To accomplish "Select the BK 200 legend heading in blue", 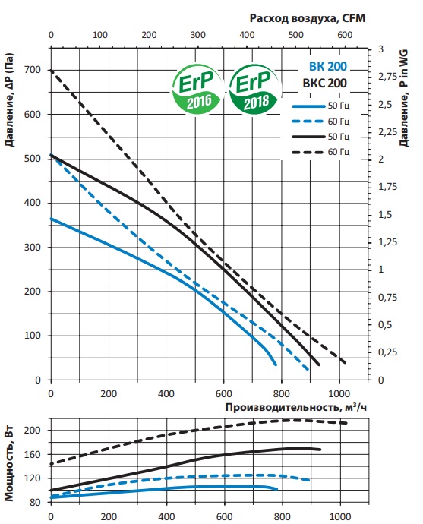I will click(x=325, y=65).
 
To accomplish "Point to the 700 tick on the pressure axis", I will click(x=32, y=70).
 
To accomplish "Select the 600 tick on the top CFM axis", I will click(x=344, y=35).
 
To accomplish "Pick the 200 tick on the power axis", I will click(x=33, y=431).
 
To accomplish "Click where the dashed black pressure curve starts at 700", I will click(x=51, y=71).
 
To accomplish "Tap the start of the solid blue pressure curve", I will click(x=51, y=219).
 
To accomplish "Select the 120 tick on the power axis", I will click(x=33, y=478).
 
